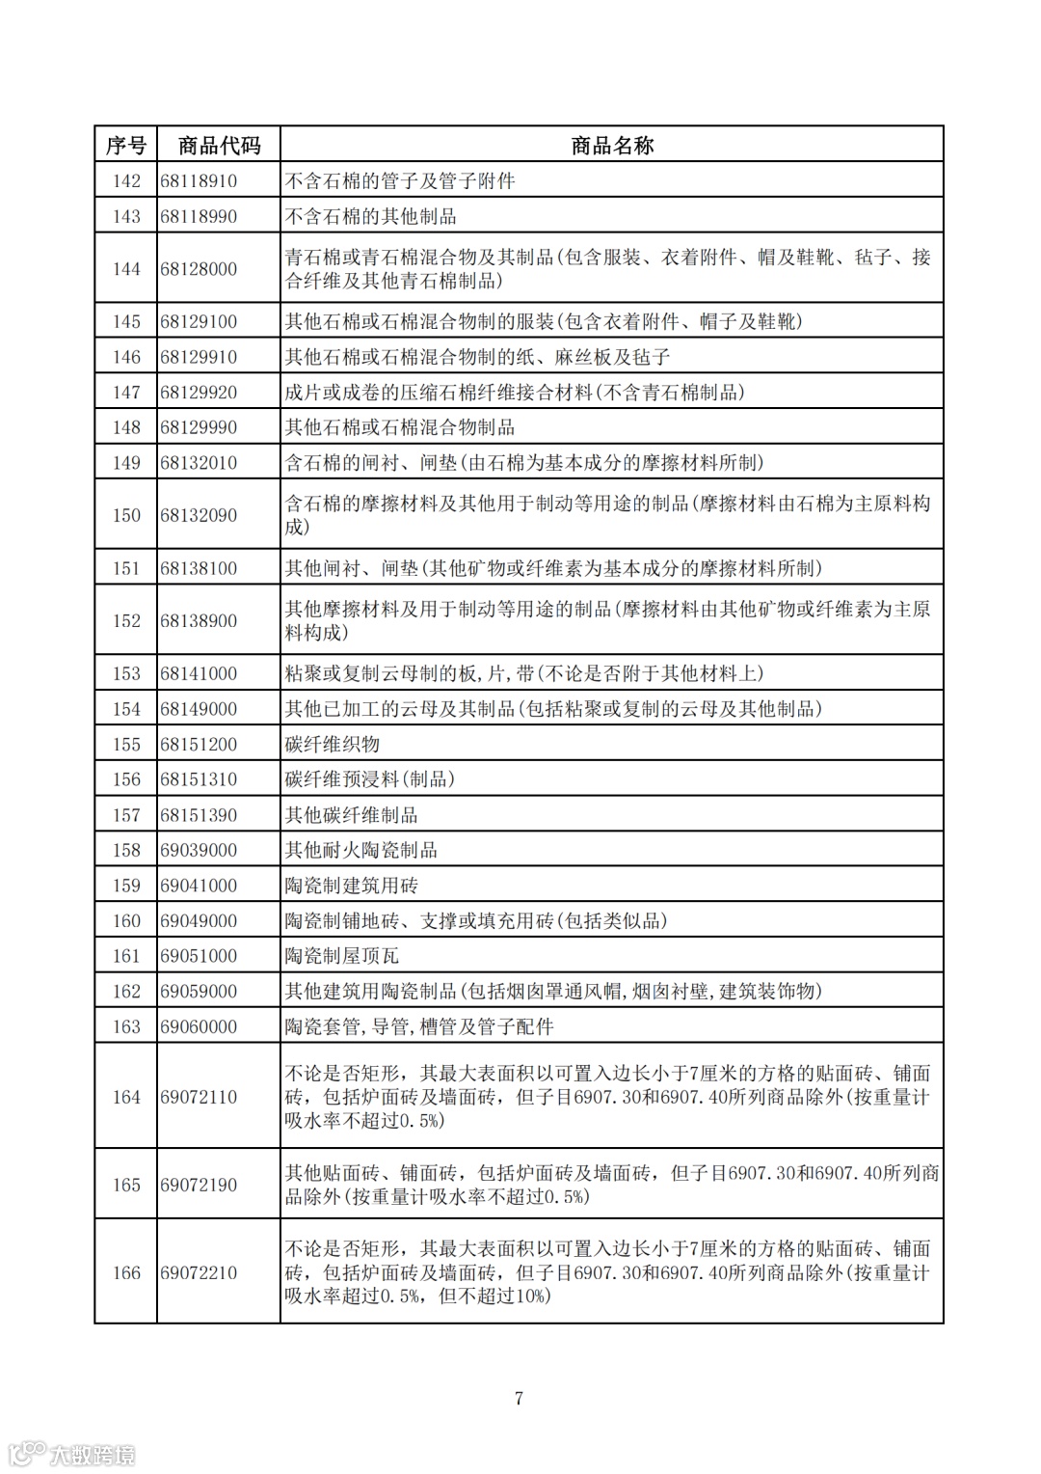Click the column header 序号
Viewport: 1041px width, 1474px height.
pyautogui.click(x=125, y=146)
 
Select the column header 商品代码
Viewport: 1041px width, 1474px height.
pyautogui.click(x=219, y=146)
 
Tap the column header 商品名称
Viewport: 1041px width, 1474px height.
pyautogui.click(x=612, y=146)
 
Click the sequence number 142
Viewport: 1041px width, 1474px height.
pyautogui.click(x=126, y=181)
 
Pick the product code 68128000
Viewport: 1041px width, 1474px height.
pyautogui.click(x=199, y=269)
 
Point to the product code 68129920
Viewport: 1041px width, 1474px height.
pyautogui.click(x=199, y=393)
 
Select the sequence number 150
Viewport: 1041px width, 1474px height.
pyautogui.click(x=126, y=515)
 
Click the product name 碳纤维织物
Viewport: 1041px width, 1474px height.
pyautogui.click(x=333, y=745)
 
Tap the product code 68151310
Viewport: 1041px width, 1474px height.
pyautogui.click(x=199, y=779)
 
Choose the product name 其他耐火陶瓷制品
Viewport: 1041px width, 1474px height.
pyautogui.click(x=361, y=850)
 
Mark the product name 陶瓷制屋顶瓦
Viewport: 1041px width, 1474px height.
pyautogui.click(x=342, y=956)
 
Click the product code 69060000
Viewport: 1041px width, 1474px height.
pyautogui.click(x=199, y=1026)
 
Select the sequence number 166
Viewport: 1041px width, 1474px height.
pyautogui.click(x=126, y=1272)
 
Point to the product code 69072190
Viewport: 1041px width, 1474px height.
pyautogui.click(x=199, y=1185)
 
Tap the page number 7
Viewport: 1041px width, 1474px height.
pyautogui.click(x=520, y=1399)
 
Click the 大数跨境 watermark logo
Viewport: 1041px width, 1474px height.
pyautogui.click(x=72, y=1453)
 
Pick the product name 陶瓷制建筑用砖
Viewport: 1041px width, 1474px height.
pyautogui.click(x=352, y=886)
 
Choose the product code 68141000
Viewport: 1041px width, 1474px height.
pyautogui.click(x=199, y=673)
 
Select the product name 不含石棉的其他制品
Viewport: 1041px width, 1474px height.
pyautogui.click(x=371, y=216)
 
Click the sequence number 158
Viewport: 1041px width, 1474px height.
pyautogui.click(x=126, y=850)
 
